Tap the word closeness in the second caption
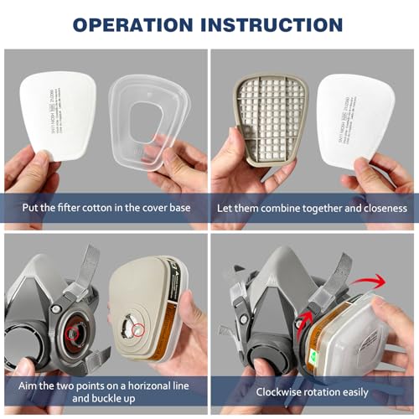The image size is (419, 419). (x=381, y=207)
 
